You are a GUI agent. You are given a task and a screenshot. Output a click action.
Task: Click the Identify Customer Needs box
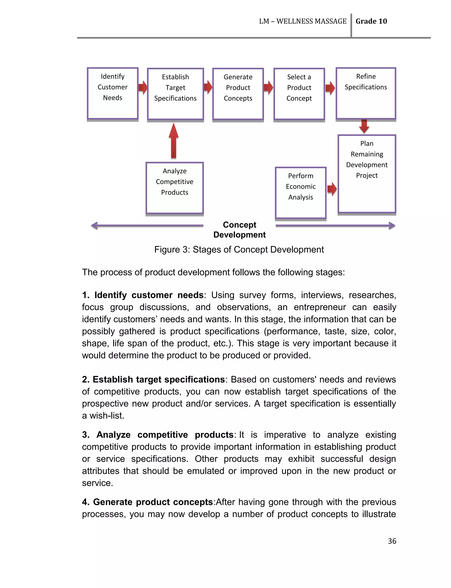(x=113, y=93)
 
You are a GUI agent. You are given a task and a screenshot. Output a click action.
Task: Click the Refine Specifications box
(x=366, y=93)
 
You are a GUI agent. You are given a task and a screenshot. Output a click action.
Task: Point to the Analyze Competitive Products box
(x=174, y=188)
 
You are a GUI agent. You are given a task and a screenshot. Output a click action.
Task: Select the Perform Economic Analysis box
(x=300, y=193)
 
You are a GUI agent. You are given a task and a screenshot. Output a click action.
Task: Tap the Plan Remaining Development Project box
(x=367, y=174)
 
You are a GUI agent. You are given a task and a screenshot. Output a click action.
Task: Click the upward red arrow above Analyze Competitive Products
(x=174, y=141)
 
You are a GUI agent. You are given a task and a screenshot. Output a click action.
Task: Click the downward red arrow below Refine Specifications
(x=364, y=126)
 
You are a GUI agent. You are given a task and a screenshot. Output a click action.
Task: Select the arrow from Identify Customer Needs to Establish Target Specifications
(x=143, y=87)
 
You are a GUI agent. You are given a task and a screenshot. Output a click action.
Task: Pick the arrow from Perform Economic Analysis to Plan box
(x=332, y=189)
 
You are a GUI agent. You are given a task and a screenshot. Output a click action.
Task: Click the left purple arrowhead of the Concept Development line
(x=94, y=226)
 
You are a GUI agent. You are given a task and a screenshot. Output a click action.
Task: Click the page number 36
(x=392, y=541)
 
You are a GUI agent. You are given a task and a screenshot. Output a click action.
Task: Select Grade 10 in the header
(x=371, y=21)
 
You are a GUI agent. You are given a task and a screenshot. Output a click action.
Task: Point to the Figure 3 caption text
(x=239, y=249)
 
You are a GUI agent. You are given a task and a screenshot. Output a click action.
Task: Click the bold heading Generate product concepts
(x=153, y=502)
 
